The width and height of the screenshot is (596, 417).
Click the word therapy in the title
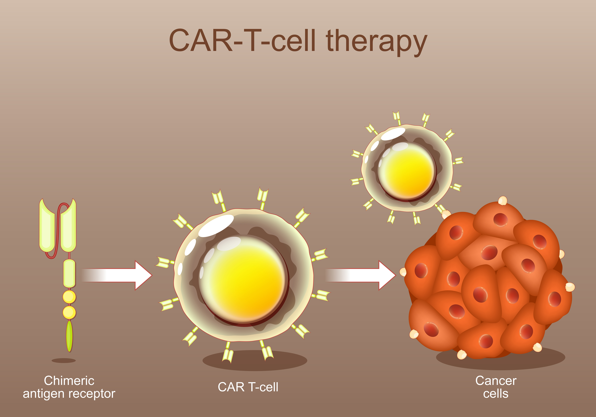tap(376, 42)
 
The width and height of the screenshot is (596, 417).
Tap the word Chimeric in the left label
tap(69, 381)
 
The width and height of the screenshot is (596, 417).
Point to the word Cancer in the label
tap(496, 381)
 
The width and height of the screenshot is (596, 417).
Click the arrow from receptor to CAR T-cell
tap(117, 275)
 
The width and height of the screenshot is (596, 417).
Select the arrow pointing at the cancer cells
tap(361, 275)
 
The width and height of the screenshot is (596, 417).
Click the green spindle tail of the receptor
tap(69, 336)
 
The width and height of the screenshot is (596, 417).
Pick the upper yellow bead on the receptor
tap(69, 297)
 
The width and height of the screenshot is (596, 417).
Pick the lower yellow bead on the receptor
tap(69, 312)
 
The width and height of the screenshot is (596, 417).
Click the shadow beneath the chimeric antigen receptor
tap(64, 360)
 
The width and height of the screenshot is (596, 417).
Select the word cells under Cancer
tap(496, 394)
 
